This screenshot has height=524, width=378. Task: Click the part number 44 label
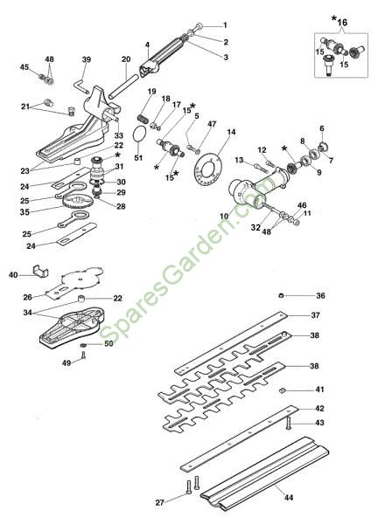(288, 498)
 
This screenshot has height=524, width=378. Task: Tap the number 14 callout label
(231, 133)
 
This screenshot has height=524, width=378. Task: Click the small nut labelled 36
(282, 295)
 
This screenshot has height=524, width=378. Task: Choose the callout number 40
(13, 275)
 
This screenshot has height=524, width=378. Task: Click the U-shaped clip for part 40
(41, 271)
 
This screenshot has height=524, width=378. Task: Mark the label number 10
(224, 216)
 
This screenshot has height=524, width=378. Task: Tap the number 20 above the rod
(126, 59)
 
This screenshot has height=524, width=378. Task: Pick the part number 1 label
(225, 25)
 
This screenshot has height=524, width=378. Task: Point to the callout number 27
(160, 502)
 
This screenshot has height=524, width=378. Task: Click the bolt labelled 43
(288, 423)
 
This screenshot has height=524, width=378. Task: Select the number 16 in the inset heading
(342, 23)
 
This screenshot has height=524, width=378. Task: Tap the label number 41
(319, 390)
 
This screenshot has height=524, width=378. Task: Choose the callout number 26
(27, 297)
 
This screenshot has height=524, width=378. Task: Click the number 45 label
(24, 67)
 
